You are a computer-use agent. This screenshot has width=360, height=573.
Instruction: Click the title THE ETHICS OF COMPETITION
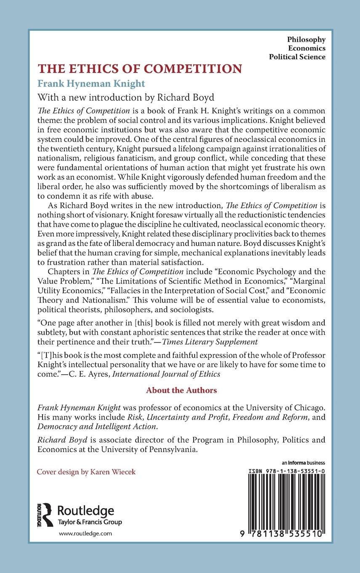point(139,68)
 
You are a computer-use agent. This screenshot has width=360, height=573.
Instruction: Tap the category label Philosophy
point(306,40)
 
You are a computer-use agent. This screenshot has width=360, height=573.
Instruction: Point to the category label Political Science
point(297,56)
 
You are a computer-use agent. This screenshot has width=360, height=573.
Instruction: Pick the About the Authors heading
point(181,390)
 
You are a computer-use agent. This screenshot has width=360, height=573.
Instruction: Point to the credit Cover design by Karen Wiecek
point(86,472)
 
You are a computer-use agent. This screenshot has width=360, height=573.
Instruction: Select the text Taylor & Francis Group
point(89,522)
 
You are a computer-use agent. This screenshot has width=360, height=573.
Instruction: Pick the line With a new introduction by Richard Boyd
point(126,97)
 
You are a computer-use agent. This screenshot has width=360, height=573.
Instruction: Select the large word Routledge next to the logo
point(85,511)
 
